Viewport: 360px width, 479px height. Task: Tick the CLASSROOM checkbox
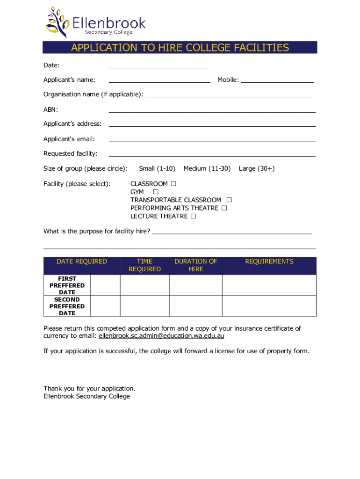pos(173,184)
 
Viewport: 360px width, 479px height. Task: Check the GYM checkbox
pos(156,192)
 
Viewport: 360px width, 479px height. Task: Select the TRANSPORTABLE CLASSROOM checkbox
pos(229,200)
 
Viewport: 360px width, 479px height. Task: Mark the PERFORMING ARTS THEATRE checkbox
pos(224,208)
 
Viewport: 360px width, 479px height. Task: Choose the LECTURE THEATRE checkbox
pos(193,216)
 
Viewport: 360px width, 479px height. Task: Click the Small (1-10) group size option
pos(157,168)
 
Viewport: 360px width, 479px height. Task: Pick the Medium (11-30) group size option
pos(207,168)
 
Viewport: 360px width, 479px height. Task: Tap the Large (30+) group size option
pos(257,168)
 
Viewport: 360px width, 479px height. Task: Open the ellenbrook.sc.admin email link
pos(162,336)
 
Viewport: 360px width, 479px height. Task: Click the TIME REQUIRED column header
pos(144,265)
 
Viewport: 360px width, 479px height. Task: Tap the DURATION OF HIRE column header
pos(195,265)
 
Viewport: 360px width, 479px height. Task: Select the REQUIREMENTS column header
pos(269,261)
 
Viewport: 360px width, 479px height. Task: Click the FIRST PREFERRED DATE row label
pos(67,285)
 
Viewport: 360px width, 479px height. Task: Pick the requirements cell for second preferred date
pos(269,306)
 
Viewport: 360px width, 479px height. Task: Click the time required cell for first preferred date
pos(144,285)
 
